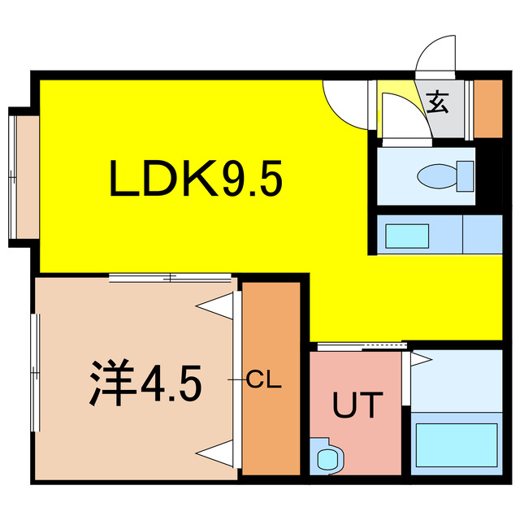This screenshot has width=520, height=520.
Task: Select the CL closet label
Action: click(x=264, y=380)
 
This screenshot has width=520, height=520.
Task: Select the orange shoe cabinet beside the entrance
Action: click(x=487, y=108)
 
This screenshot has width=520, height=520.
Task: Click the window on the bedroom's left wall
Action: click(x=36, y=374)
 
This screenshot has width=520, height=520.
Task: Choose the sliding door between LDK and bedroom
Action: click(x=171, y=278)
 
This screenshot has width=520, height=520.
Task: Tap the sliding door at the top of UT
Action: click(x=355, y=348)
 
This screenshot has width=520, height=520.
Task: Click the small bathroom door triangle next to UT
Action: click(x=420, y=357)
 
